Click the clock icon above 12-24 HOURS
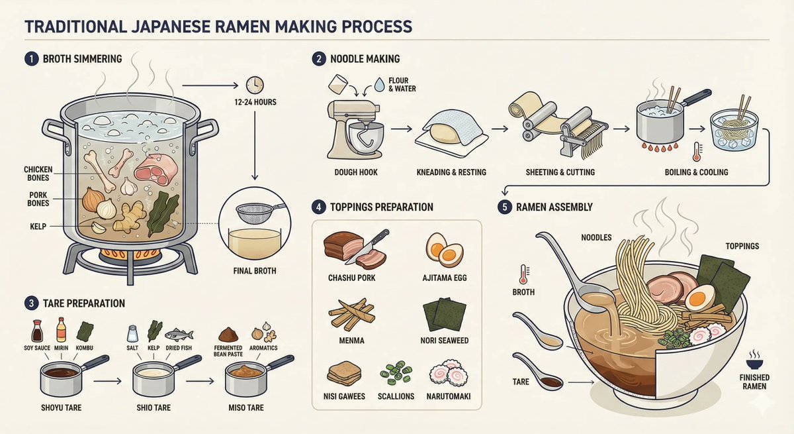point(255,85)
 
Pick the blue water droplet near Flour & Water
point(379,84)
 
